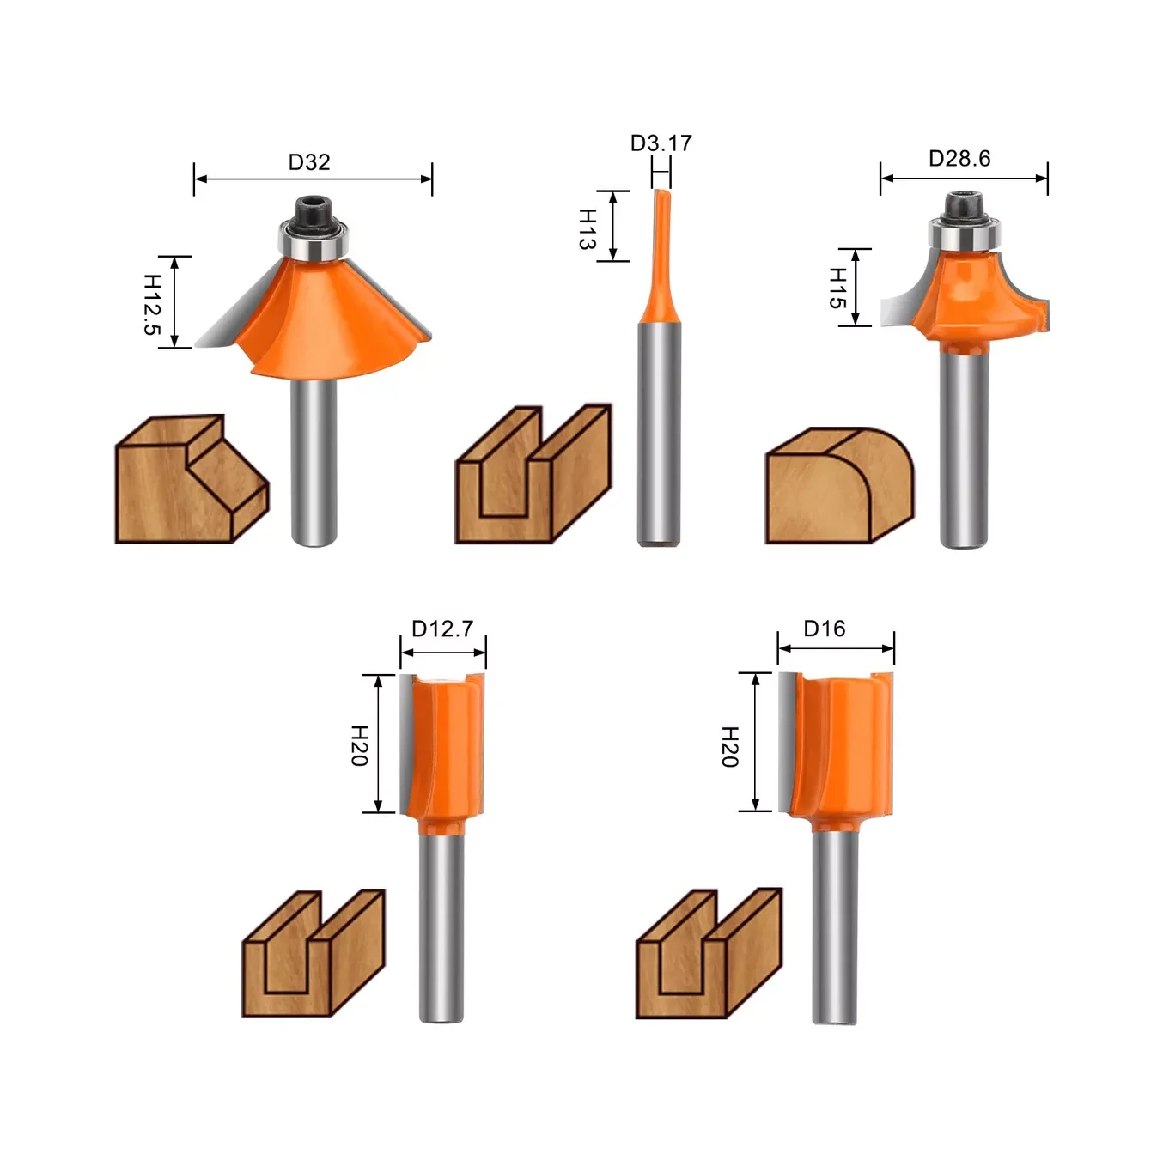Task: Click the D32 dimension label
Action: pos(309,161)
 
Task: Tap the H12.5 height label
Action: pos(152,304)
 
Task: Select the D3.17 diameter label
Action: pos(661,143)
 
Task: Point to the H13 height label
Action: pos(588,228)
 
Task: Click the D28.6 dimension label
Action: pos(959,158)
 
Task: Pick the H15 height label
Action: pos(837,288)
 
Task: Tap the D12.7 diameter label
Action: pos(442,629)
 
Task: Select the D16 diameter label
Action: pos(825,629)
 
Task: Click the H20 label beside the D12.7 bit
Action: pos(360,746)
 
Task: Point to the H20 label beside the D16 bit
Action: pos(730,747)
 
